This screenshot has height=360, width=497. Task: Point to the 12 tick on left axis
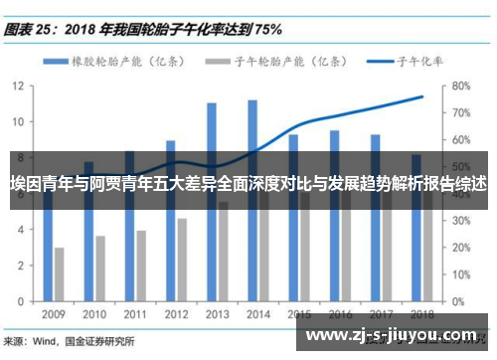[x=18, y=86]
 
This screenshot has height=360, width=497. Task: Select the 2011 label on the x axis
[x=134, y=314]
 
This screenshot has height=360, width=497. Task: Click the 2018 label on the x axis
[x=420, y=314]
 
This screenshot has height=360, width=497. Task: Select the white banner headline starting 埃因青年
[x=248, y=184]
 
